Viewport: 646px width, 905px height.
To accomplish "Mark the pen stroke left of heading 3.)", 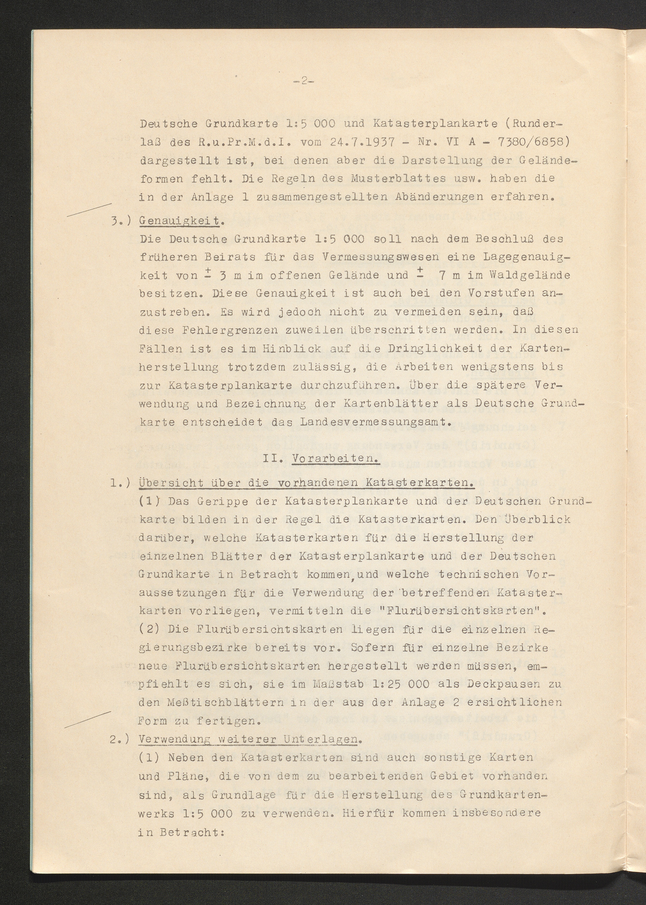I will tap(88, 210).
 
